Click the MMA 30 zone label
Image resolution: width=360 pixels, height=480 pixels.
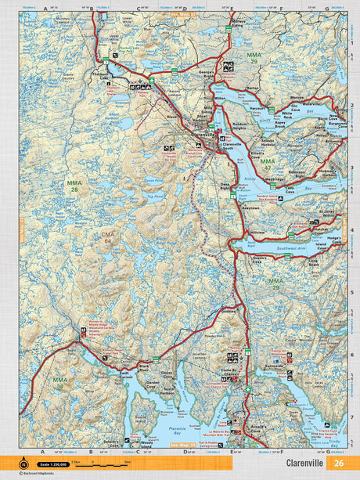point(59,383)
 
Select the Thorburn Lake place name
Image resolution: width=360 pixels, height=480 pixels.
point(99,77)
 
